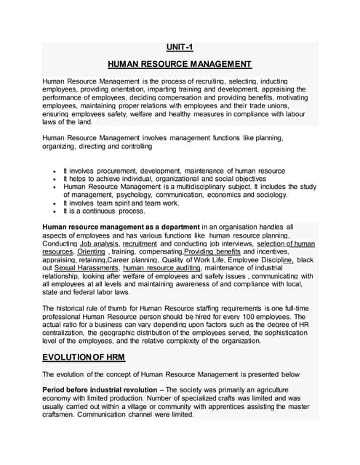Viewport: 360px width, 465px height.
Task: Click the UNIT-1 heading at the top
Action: pyautogui.click(x=180, y=48)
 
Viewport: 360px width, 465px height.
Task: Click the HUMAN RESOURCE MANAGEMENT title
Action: pyautogui.click(x=180, y=64)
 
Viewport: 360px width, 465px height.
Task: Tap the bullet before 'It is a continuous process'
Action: pyautogui.click(x=55, y=211)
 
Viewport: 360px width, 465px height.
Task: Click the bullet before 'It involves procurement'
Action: pyautogui.click(x=55, y=171)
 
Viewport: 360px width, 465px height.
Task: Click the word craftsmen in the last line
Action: pyautogui.click(x=61, y=422)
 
